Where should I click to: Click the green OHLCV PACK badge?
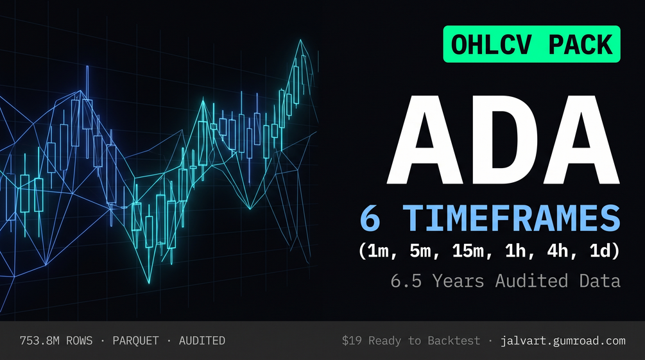point(531,44)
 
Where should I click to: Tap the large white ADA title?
point(503,140)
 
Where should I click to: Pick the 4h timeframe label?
point(556,250)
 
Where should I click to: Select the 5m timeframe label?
point(420,250)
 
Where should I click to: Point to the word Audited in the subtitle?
point(531,281)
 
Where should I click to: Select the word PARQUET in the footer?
point(136,341)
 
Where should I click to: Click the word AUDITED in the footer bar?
point(202,341)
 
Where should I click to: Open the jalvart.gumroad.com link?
point(563,341)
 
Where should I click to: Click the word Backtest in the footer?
point(454,341)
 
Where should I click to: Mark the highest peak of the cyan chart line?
point(301,40)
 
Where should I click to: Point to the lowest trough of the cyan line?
point(149,283)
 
